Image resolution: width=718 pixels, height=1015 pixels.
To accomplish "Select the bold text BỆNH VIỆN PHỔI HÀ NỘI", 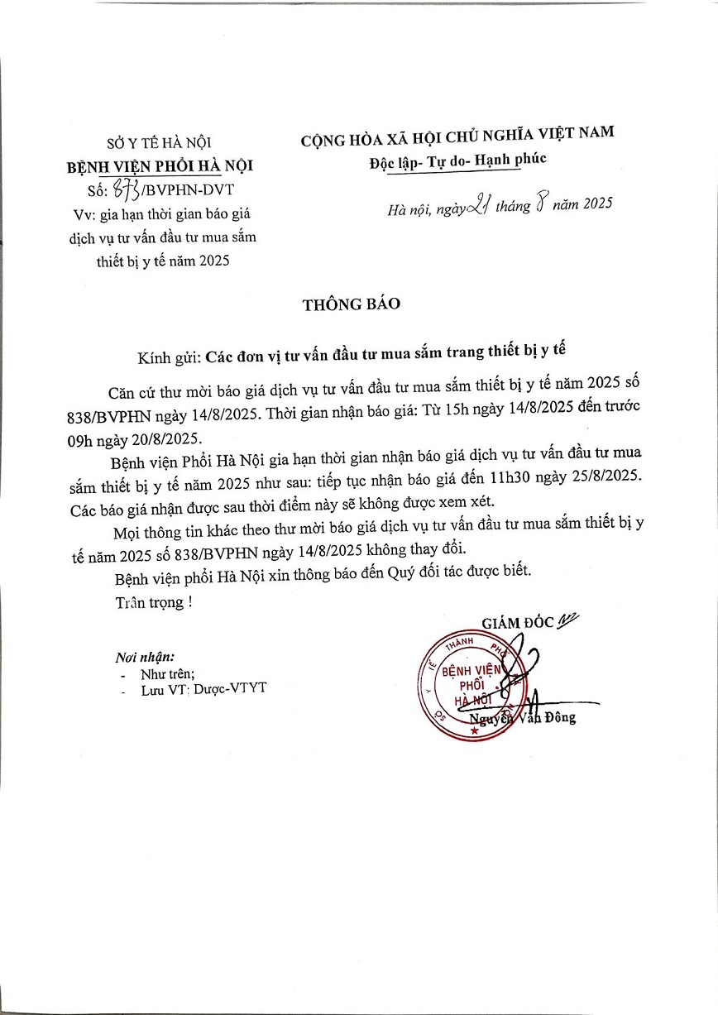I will click(x=160, y=165).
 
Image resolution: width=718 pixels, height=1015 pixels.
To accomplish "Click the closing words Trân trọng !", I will click(x=154, y=602).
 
